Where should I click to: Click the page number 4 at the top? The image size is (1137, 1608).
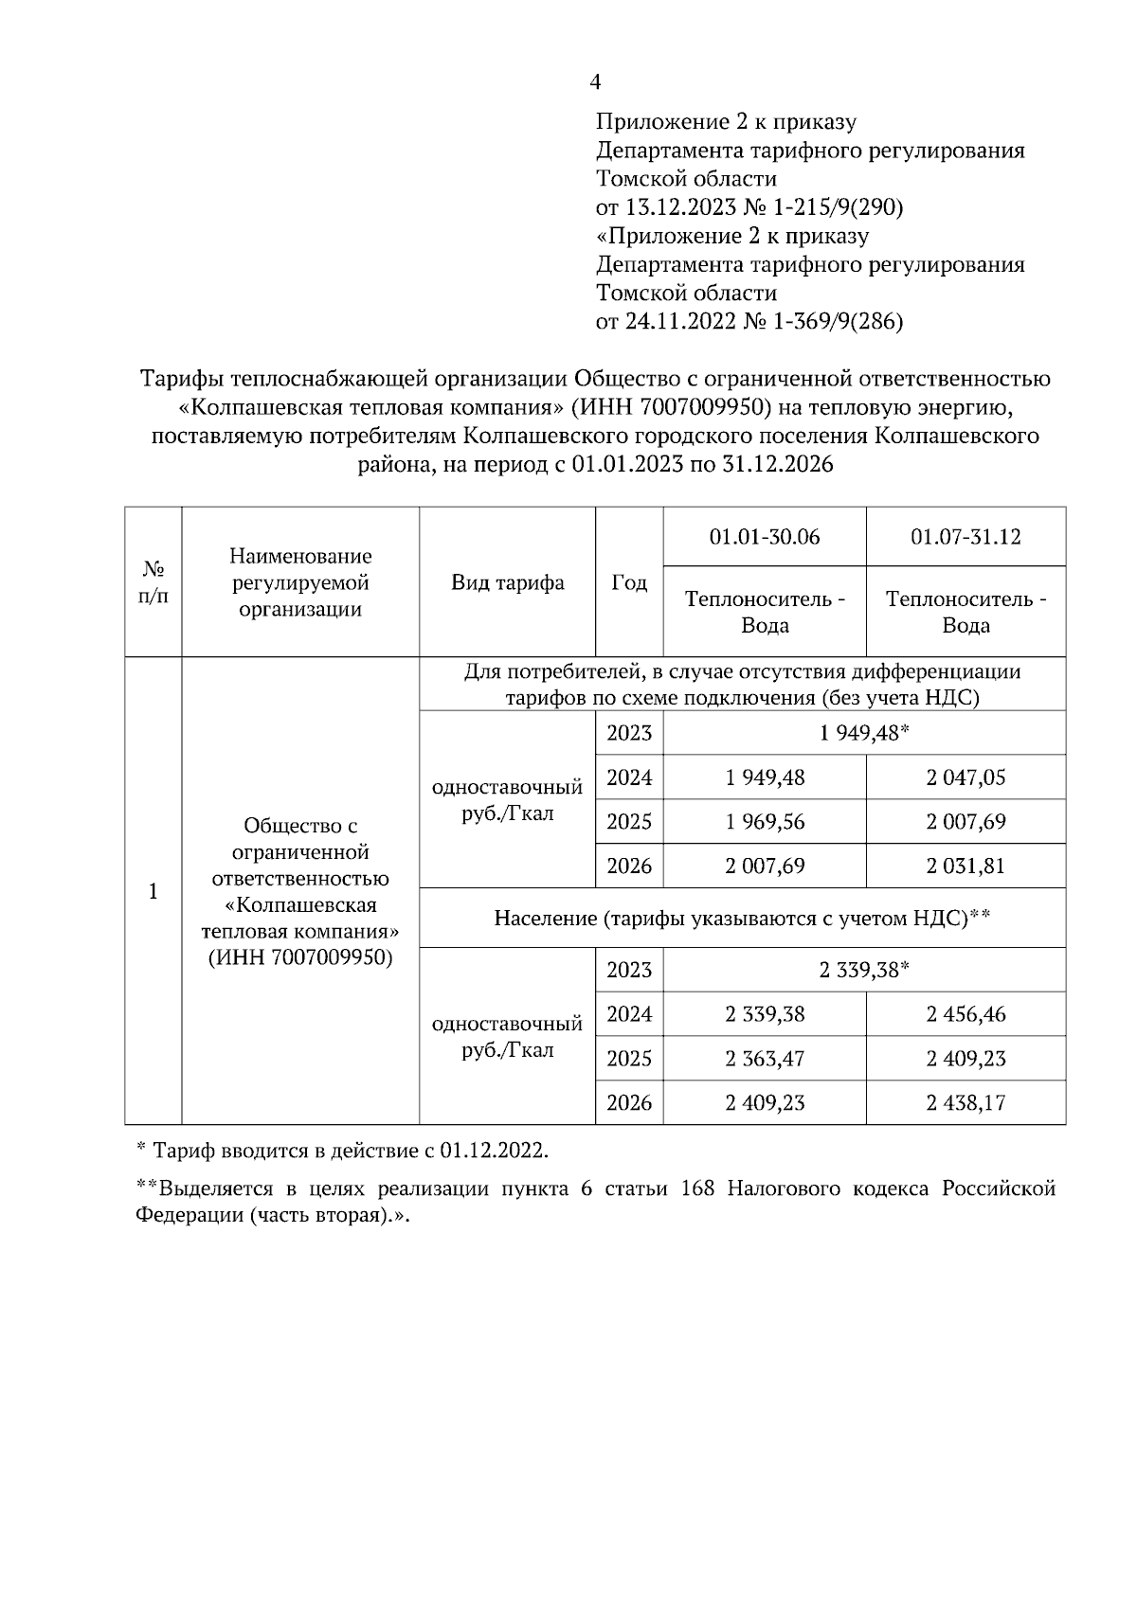tap(595, 83)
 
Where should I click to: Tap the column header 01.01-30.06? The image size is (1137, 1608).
tap(765, 537)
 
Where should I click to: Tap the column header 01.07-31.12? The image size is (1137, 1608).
tap(966, 537)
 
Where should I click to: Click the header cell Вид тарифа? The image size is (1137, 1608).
tap(508, 582)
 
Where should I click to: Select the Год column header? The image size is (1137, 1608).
tap(629, 582)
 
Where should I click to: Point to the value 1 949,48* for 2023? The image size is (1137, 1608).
tap(865, 733)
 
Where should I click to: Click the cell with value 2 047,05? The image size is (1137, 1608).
tap(966, 777)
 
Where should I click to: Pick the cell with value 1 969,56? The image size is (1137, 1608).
tap(765, 822)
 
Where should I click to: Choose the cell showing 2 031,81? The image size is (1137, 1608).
tap(966, 866)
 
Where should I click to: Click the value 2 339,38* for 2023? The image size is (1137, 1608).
tap(865, 970)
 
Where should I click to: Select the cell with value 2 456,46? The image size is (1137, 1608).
tap(966, 1014)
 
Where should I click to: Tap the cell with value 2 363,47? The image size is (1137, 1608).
tap(765, 1058)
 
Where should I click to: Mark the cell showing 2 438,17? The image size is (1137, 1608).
tap(966, 1102)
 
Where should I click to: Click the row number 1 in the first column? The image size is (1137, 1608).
tap(153, 892)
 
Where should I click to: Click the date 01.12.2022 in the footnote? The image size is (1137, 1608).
tap(493, 1151)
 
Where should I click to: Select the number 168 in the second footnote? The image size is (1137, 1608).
tap(698, 1189)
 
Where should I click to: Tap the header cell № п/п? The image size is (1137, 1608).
tap(153, 582)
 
